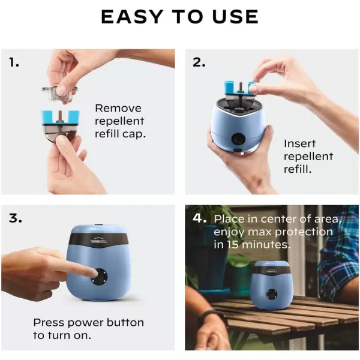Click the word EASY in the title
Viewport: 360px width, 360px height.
pyautogui.click(x=132, y=17)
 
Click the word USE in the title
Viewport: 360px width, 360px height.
pyautogui.click(x=236, y=17)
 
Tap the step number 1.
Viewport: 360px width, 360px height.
pyautogui.click(x=14, y=62)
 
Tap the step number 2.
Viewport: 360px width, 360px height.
pyautogui.click(x=199, y=62)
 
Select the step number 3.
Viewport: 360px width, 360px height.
pyautogui.click(x=16, y=218)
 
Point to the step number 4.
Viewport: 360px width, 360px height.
pyautogui.click(x=199, y=218)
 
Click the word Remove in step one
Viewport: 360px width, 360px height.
pyautogui.click(x=118, y=108)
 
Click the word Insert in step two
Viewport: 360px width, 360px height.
pyautogui.click(x=299, y=144)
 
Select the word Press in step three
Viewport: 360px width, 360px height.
pyautogui.click(x=49, y=323)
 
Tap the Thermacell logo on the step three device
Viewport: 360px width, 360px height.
pyautogui.click(x=98, y=241)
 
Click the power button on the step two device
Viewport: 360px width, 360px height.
pyautogui.click(x=238, y=139)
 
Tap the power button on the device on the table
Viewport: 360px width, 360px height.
pyautogui.click(x=271, y=294)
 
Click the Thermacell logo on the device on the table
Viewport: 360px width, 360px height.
pyautogui.click(x=271, y=271)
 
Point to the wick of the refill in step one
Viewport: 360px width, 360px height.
pyautogui.click(x=61, y=115)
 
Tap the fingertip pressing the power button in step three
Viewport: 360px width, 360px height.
pyautogui.click(x=94, y=274)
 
